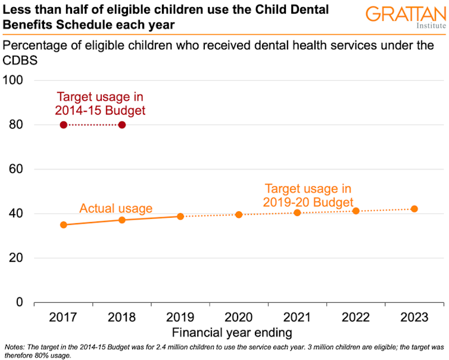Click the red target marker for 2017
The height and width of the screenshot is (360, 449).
(x=64, y=124)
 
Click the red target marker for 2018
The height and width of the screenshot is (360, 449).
(x=122, y=124)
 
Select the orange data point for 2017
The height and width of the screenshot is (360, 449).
(x=64, y=225)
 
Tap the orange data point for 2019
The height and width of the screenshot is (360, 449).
(x=180, y=216)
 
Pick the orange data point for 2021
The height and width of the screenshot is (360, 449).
(x=298, y=212)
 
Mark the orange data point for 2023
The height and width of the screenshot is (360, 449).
(x=414, y=209)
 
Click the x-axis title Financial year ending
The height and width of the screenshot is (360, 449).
(x=232, y=332)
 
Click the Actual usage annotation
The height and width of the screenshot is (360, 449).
(x=116, y=209)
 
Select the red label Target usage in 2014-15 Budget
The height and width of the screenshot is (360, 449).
(x=100, y=104)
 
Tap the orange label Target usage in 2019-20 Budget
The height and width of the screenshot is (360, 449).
(x=309, y=196)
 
